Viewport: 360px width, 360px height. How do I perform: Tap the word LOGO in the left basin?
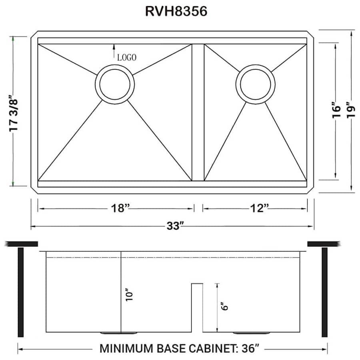click(x=127, y=57)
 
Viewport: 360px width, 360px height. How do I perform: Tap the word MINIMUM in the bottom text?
click(x=125, y=349)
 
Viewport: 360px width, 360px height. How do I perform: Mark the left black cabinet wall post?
click(x=21, y=292)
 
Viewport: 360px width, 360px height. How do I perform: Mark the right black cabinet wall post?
click(x=324, y=292)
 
